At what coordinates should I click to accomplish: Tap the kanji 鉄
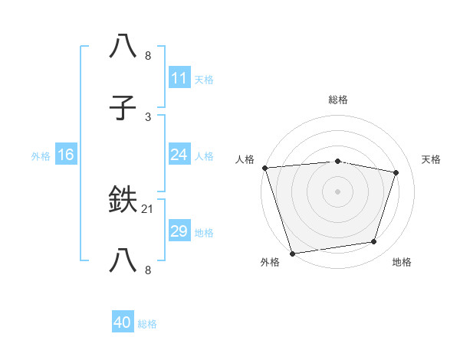[x=124, y=201]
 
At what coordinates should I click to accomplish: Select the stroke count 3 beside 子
[x=148, y=117]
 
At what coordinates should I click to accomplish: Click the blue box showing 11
[x=179, y=78]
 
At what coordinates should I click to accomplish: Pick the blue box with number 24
[x=179, y=155]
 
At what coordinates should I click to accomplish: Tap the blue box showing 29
[x=179, y=231]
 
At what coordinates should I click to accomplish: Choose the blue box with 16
[x=65, y=155]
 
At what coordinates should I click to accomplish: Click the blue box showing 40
[x=122, y=322]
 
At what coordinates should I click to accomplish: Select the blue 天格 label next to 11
[x=204, y=79]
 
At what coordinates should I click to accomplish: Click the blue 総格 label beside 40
[x=147, y=324]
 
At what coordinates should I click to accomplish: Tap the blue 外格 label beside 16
[x=41, y=155]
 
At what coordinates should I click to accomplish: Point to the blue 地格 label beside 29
[x=204, y=232]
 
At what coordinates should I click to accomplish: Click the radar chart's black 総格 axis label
[x=337, y=100]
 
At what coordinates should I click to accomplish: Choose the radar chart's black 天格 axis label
[x=431, y=159]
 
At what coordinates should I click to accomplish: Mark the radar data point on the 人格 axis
[x=264, y=168]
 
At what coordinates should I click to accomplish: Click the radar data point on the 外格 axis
[x=292, y=253]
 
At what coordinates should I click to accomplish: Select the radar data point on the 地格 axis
[x=374, y=242]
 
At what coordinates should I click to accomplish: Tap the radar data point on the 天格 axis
[x=396, y=172]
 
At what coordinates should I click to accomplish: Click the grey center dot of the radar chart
[x=337, y=191]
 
